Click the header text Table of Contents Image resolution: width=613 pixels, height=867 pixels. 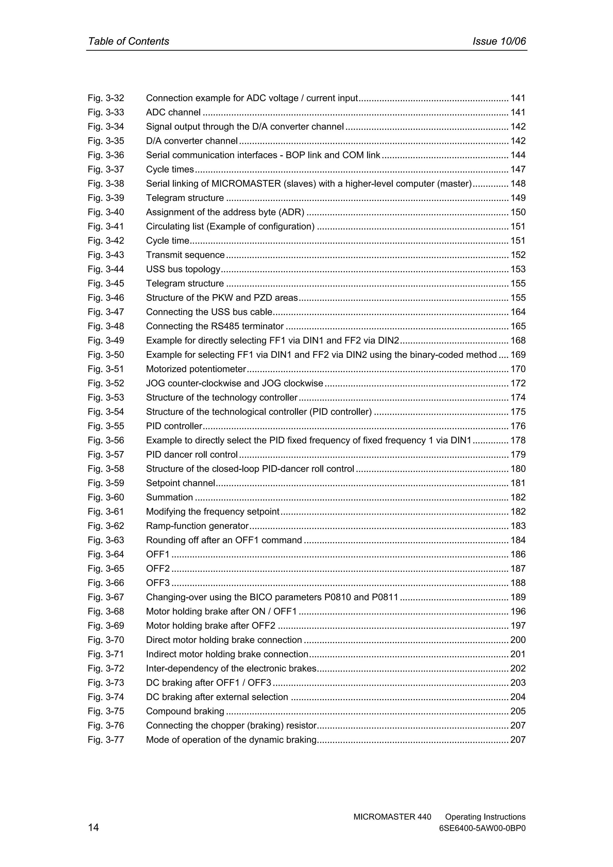pyautogui.click(x=128, y=42)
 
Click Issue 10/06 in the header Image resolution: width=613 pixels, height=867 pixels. pyautogui.click(x=499, y=42)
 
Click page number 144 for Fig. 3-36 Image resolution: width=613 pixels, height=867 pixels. pyautogui.click(x=518, y=155)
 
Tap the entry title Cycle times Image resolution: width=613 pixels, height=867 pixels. pyautogui.click(x=170, y=170)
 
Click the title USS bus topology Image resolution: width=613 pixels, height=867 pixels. pyautogui.click(x=183, y=269)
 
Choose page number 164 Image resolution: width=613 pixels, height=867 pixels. pyautogui.click(x=518, y=312)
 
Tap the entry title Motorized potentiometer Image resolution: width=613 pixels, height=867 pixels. pyautogui.click(x=196, y=369)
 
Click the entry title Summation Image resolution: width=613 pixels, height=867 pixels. pyautogui.click(x=170, y=497)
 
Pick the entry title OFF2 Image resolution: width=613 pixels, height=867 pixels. pyautogui.click(x=158, y=569)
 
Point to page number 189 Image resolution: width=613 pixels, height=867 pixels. pyautogui.click(x=518, y=597)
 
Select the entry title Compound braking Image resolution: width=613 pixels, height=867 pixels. pyautogui.click(x=185, y=711)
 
